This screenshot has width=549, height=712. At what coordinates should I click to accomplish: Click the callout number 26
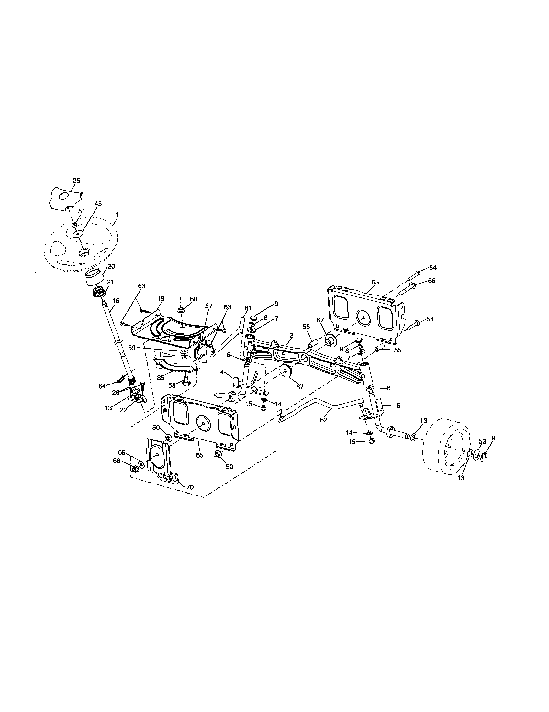(76, 181)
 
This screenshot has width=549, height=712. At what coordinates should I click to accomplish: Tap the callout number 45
(98, 204)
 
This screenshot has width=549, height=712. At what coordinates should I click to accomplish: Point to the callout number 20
(111, 266)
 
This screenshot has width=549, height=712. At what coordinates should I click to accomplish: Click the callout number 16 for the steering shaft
(116, 301)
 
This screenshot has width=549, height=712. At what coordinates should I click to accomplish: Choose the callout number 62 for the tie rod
(323, 420)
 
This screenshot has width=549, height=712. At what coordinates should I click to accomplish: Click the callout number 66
(431, 281)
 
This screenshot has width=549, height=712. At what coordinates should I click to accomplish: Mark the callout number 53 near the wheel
(482, 441)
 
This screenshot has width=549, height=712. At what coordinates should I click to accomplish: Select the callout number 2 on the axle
(291, 335)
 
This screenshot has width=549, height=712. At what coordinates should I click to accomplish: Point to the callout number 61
(248, 308)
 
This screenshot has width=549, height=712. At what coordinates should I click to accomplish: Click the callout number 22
(123, 410)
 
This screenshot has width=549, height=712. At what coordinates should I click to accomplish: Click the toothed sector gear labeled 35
(176, 363)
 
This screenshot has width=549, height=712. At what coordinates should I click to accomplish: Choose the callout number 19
(161, 299)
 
